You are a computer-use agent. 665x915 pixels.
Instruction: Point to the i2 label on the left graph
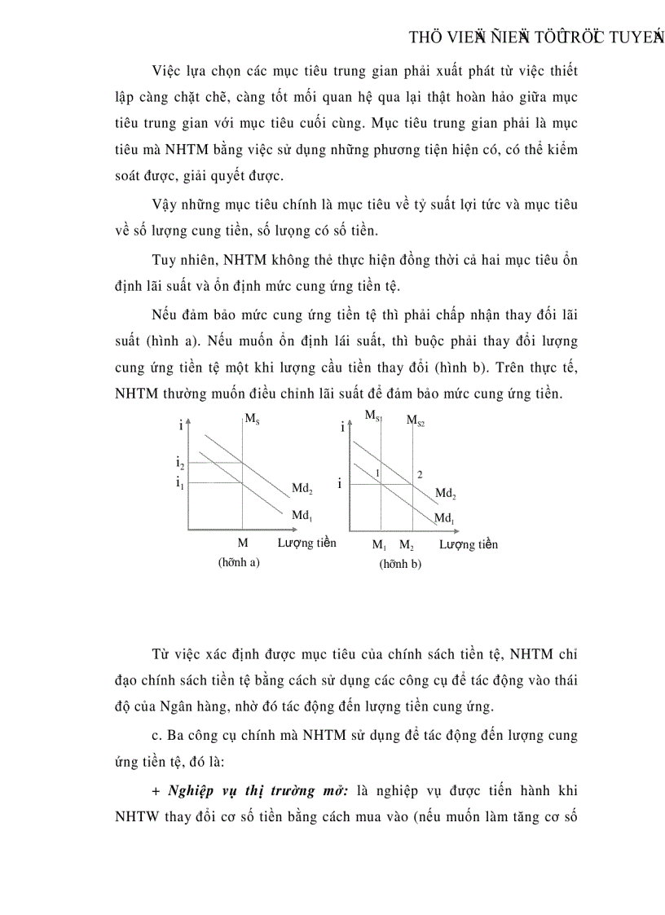tap(180, 463)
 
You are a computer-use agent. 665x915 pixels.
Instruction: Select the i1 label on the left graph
tap(180, 482)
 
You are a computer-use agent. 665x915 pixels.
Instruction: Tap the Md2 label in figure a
tap(302, 489)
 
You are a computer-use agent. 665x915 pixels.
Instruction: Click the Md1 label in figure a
tap(302, 515)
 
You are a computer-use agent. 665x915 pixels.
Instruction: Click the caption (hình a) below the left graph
tap(238, 562)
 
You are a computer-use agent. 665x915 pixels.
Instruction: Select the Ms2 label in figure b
tap(416, 421)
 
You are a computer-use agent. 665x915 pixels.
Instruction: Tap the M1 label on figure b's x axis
tap(380, 545)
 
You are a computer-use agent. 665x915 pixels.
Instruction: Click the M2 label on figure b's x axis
tap(407, 545)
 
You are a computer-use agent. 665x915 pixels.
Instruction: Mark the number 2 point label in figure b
tap(420, 474)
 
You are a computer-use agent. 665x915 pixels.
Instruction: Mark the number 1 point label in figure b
tap(378, 473)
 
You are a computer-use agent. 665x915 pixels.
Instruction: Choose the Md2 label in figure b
tap(445, 494)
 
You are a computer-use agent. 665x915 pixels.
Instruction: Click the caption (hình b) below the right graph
tap(400, 564)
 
